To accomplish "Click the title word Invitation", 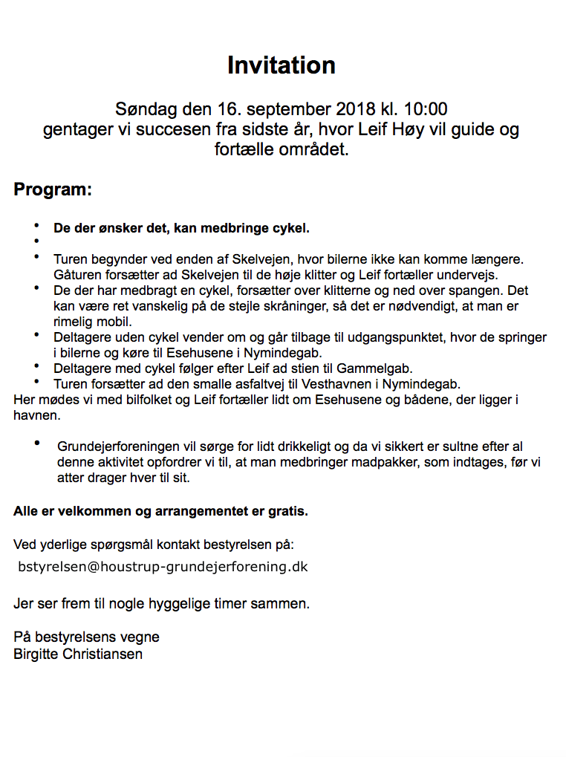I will pyautogui.click(x=282, y=65).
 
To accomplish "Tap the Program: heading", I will pyautogui.click(x=53, y=189).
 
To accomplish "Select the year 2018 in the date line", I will pyautogui.click(x=357, y=110).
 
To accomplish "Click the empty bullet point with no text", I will pyautogui.click(x=35, y=241).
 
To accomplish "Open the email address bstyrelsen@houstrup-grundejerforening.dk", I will pyautogui.click(x=163, y=567).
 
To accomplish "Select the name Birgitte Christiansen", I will pyautogui.click(x=78, y=654).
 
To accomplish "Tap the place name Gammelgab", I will pyautogui.click(x=380, y=368).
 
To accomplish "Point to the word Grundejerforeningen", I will pyautogui.click(x=118, y=447).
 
